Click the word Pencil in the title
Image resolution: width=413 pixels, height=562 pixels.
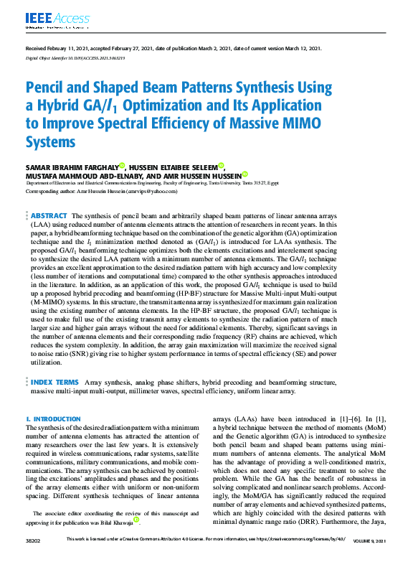pos(49,89)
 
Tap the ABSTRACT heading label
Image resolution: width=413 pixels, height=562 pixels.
pos(49,215)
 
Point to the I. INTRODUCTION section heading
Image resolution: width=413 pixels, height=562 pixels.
pos(53,418)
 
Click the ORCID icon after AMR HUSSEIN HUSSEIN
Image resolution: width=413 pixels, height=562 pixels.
pos(245,174)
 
